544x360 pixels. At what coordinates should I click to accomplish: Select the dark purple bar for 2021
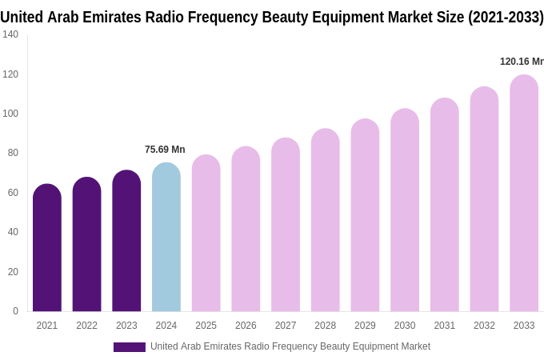click(47, 248)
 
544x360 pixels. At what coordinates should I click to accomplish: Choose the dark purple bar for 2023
click(126, 241)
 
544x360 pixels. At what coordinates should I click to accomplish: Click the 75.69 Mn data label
click(165, 150)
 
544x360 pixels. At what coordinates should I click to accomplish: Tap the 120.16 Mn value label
click(522, 62)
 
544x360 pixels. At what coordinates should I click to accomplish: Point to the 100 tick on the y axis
click(10, 114)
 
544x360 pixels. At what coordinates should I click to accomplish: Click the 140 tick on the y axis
click(10, 34)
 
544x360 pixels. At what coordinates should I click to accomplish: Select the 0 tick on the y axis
click(15, 311)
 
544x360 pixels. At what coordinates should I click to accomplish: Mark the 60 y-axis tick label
click(13, 193)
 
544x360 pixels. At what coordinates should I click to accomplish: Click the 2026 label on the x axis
click(246, 326)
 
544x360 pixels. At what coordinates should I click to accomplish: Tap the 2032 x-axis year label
click(484, 326)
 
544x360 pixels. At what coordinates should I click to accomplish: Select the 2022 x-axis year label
click(86, 326)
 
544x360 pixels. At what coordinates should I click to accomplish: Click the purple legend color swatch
click(130, 347)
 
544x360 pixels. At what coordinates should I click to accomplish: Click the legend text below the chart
click(290, 346)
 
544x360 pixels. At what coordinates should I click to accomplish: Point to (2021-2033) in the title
click(506, 17)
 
